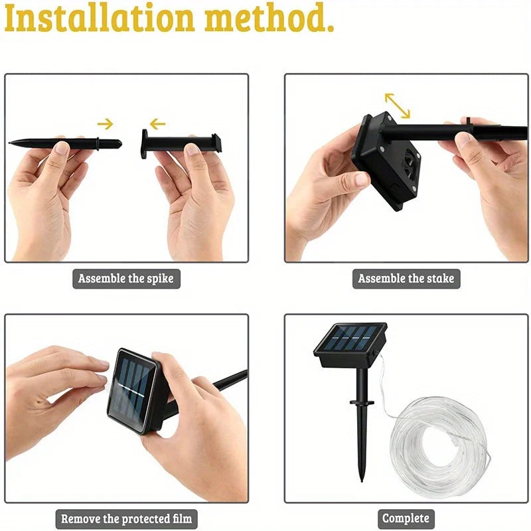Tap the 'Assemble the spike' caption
click(125, 278)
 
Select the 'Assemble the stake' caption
click(406, 278)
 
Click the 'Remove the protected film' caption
click(126, 518)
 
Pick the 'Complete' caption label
click(406, 518)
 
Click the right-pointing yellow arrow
click(105, 123)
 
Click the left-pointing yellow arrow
click(157, 123)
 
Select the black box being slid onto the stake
click(385, 159)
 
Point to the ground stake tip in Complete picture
click(362, 475)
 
